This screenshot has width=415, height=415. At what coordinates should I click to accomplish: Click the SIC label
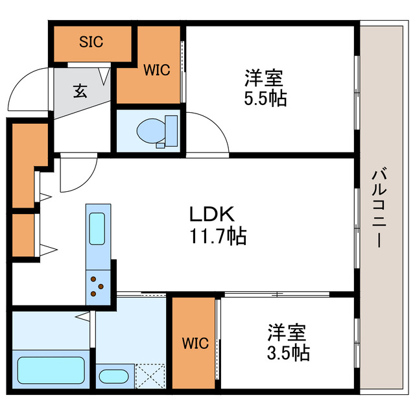[91, 43]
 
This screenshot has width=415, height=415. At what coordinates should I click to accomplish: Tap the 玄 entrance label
[79, 90]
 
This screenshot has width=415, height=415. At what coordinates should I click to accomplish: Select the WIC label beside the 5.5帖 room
[157, 70]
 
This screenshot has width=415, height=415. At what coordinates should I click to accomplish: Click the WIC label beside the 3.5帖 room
[195, 343]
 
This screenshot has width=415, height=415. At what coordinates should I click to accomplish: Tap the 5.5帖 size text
[263, 99]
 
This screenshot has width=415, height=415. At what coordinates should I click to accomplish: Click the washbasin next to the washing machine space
[114, 377]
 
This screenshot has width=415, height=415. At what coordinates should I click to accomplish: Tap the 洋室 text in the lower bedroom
[287, 333]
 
